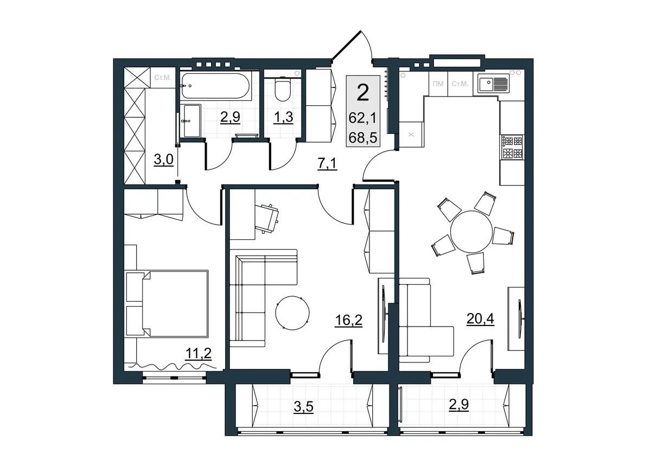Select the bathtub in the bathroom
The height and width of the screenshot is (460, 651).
click(215, 86)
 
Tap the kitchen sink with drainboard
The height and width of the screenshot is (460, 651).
click(492, 84)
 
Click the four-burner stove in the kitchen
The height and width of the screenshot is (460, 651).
click(512, 147)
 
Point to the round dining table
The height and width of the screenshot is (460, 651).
click(471, 232)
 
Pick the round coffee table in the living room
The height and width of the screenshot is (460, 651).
click(292, 313)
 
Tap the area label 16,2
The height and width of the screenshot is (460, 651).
click(348, 321)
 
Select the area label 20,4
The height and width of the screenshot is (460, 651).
click(480, 319)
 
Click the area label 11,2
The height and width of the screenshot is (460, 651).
click(198, 354)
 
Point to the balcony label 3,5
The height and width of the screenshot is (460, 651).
click(303, 406)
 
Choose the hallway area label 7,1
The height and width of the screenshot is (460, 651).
click(327, 164)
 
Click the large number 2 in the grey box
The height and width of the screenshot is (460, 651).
click(363, 92)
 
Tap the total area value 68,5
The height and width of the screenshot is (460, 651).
click(363, 137)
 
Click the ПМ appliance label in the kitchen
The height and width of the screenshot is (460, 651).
click(438, 84)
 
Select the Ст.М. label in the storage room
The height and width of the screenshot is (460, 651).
click(163, 78)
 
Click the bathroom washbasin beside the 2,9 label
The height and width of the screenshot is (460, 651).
click(190, 121)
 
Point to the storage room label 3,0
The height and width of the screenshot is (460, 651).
click(163, 159)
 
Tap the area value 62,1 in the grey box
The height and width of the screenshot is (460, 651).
click(362, 118)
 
